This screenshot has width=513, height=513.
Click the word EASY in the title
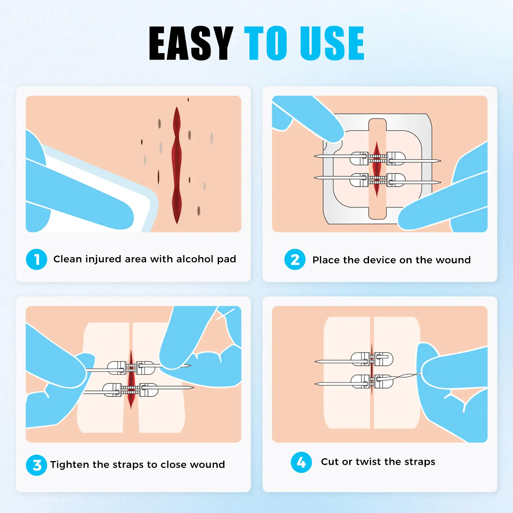click(x=191, y=43)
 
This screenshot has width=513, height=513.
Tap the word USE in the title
click(x=332, y=43)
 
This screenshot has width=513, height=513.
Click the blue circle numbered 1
click(x=37, y=259)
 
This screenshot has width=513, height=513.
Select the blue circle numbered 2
click(x=295, y=259)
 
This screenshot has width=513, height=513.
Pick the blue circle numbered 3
click(x=37, y=465)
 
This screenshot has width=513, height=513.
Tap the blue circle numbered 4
click(x=301, y=462)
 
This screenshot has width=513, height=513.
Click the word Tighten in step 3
click(x=70, y=465)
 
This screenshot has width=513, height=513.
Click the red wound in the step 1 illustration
click(x=177, y=165)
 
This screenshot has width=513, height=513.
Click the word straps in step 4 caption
click(x=420, y=462)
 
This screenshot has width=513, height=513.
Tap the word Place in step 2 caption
click(x=326, y=260)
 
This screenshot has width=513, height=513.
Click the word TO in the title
click(x=266, y=43)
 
